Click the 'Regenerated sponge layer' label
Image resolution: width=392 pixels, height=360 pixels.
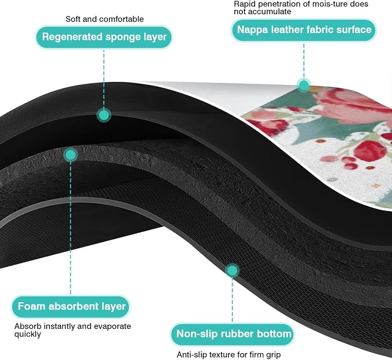pyautogui.click(x=104, y=37)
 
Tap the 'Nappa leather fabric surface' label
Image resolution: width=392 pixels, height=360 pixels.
pyautogui.click(x=304, y=30)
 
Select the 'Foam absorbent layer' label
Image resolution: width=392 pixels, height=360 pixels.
pyautogui.click(x=71, y=306)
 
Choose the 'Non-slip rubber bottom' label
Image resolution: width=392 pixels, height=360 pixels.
pyautogui.click(x=233, y=334)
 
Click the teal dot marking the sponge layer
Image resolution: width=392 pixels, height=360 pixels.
pyautogui.click(x=104, y=116)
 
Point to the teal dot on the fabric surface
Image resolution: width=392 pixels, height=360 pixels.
pyautogui.click(x=304, y=86)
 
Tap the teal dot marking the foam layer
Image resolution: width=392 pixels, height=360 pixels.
pyautogui.click(x=71, y=155)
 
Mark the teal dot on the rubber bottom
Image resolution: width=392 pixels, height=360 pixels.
pyautogui.click(x=233, y=270)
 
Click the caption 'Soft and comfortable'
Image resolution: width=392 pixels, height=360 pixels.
pyautogui.click(x=104, y=19)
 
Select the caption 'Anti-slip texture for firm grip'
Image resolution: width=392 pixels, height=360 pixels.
pyautogui.click(x=229, y=355)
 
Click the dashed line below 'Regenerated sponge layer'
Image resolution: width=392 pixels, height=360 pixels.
pyautogui.click(x=104, y=79)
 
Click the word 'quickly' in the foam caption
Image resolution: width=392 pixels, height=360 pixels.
pyautogui.click(x=28, y=335)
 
